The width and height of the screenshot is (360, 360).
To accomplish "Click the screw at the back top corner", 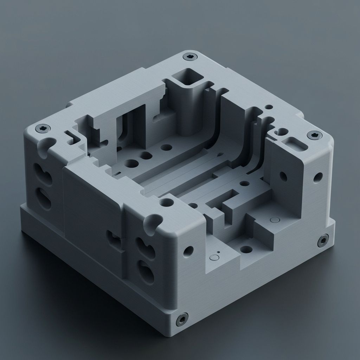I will pos(190,56).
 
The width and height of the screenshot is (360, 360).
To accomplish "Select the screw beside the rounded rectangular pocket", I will pos(314,135).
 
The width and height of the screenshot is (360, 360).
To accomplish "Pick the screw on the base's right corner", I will pos(323,240).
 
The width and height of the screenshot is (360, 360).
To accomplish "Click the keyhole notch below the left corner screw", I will pos(48,146).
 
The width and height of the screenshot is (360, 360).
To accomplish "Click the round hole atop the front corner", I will pos(166,203).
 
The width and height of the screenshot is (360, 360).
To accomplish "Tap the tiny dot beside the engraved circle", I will pos(218,252).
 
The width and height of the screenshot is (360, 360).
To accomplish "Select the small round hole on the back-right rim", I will pos(269,107).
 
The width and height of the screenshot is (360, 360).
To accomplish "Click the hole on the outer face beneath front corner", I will pos(188,251).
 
